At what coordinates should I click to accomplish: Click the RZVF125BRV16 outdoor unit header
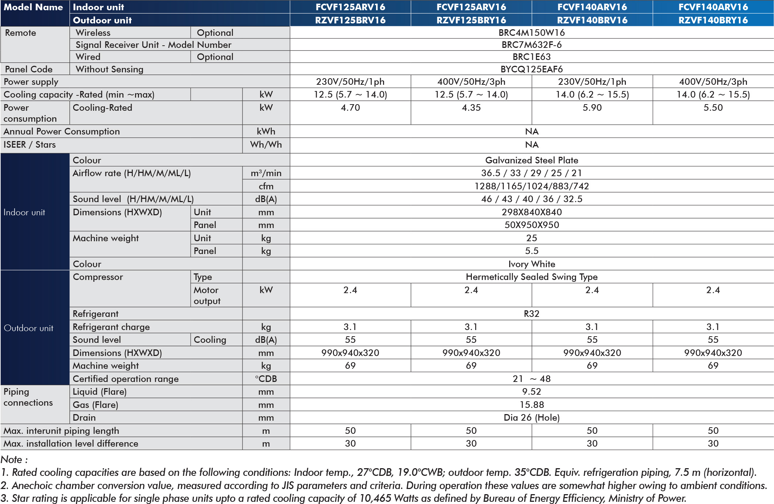coord(350,20)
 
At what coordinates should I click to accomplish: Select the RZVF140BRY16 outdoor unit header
coord(713,20)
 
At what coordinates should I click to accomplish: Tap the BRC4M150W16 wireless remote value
coord(531,33)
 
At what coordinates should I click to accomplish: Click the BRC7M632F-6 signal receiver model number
coord(531,45)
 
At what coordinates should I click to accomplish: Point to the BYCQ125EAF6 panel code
coord(531,69)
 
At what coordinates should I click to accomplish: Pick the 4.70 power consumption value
coord(350,107)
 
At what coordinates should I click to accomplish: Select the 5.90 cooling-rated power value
coord(592,107)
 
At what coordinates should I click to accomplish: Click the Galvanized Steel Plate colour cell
coord(531,160)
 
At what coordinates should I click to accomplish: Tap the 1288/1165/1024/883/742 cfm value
coord(531,186)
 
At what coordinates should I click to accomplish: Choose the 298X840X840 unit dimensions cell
coord(531,212)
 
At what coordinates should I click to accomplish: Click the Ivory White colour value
coord(531,264)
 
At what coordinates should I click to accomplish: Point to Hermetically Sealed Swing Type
coord(531,277)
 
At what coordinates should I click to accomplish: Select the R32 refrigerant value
coord(531,314)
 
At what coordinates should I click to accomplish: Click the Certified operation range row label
coord(125,379)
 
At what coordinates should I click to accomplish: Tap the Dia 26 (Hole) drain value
coord(531,417)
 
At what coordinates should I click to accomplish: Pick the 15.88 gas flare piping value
coord(531,405)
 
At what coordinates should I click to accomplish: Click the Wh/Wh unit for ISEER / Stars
coord(266,144)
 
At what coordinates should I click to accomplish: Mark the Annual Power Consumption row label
coord(61,131)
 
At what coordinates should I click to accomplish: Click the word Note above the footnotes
coord(12,459)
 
